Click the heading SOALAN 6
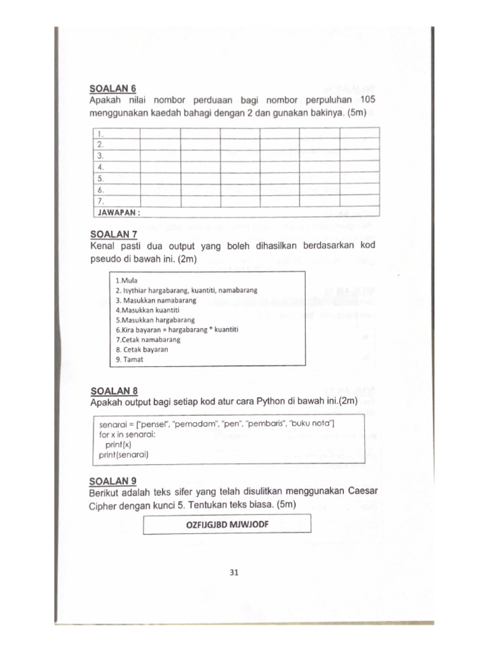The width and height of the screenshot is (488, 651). click(x=112, y=88)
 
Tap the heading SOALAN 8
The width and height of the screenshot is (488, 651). click(x=114, y=390)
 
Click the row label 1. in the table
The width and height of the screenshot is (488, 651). click(x=100, y=134)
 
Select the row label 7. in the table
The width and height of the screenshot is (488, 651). click(x=100, y=201)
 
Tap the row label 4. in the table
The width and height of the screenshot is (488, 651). click(x=100, y=167)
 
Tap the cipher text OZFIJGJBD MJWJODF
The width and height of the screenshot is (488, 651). click(x=227, y=524)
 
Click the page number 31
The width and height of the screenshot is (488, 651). click(x=233, y=572)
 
